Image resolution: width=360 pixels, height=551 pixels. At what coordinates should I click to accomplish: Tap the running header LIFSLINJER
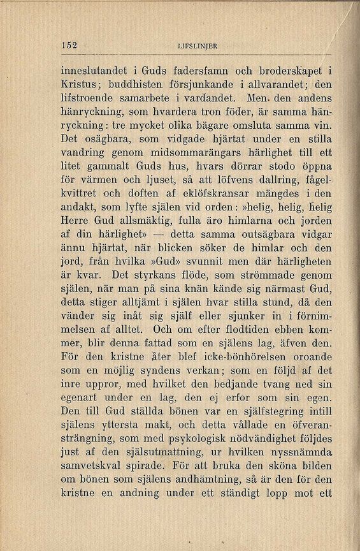click(199, 45)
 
